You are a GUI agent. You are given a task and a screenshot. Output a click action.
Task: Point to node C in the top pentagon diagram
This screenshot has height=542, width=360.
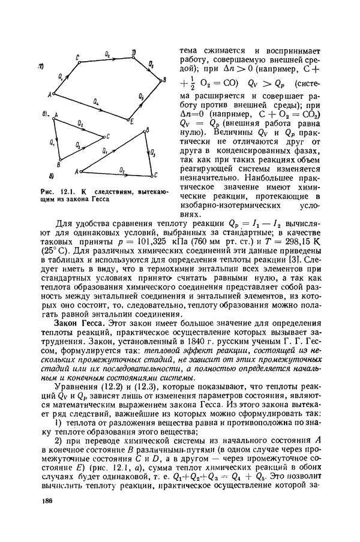click(x=77, y=57)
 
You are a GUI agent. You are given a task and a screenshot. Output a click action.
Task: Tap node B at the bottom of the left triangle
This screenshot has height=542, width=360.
click(x=59, y=163)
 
